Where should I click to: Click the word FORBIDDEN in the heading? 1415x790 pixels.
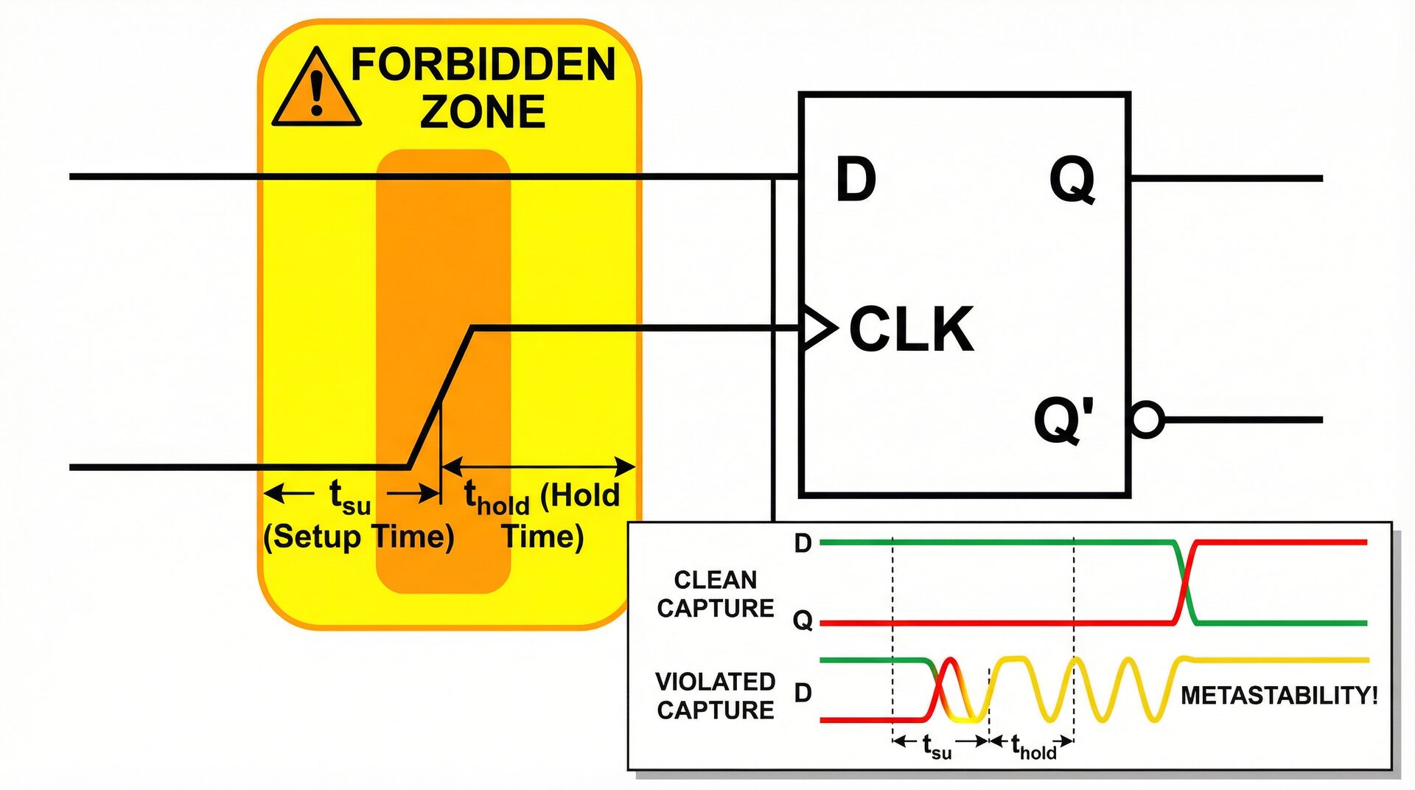click(x=483, y=65)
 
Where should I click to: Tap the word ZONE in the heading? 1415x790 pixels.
click(x=483, y=112)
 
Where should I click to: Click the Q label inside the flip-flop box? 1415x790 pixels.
click(x=1072, y=181)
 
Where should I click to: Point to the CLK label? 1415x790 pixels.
click(x=912, y=329)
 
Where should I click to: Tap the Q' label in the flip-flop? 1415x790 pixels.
click(x=1063, y=420)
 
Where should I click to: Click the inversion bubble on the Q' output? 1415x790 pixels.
click(x=1147, y=420)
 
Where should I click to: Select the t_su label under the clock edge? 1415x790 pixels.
click(x=349, y=497)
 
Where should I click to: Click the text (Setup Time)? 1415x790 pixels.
click(x=359, y=536)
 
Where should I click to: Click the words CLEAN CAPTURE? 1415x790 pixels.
click(x=716, y=594)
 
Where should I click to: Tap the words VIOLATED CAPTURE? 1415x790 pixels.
click(x=716, y=696)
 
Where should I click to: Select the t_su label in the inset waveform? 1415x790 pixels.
click(x=937, y=747)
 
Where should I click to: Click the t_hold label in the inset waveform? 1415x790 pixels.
click(x=1033, y=747)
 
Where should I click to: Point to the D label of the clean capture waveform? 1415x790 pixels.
click(x=803, y=544)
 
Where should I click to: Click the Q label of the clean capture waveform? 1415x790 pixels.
click(x=803, y=621)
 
